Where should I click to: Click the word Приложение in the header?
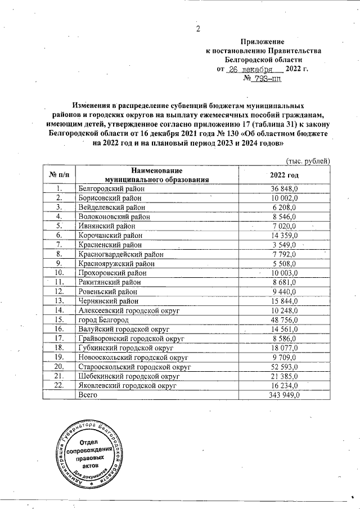point(262,41)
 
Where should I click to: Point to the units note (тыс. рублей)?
point(308,160)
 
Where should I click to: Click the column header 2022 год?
point(285,175)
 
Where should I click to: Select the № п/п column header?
point(59,175)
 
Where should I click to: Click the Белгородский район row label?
point(111,189)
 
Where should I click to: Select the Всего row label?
point(88,395)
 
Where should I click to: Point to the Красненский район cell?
point(110,245)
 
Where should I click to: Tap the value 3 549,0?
point(287,245)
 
